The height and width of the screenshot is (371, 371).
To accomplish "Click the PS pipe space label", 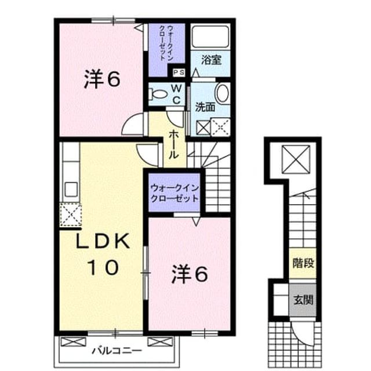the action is pyautogui.click(x=179, y=72).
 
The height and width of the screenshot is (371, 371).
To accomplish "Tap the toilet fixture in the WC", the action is pyautogui.click(x=158, y=94).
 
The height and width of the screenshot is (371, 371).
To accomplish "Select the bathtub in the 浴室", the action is pyautogui.click(x=210, y=37).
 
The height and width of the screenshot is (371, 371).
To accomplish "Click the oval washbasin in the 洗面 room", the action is pyautogui.click(x=222, y=93).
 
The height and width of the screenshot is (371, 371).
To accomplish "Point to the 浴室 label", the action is pyautogui.click(x=211, y=60).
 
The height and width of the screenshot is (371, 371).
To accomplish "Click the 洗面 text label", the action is pyautogui.click(x=205, y=108).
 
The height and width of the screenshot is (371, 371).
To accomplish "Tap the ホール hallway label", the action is pyautogui.click(x=173, y=145).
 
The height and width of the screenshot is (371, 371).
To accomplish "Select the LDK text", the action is pyautogui.click(x=103, y=241).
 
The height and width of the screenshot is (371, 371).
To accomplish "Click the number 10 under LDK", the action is pyautogui.click(x=103, y=267).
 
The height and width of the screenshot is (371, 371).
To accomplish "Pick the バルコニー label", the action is pyautogui.click(x=117, y=350).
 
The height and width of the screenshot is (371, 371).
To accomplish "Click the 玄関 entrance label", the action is pyautogui.click(x=303, y=300).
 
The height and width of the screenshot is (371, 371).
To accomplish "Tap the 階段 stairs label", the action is pyautogui.click(x=303, y=263).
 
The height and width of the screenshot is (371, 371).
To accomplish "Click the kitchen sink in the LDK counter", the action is pyautogui.click(x=71, y=190).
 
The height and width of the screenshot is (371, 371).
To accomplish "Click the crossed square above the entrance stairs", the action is pyautogui.click(x=296, y=159).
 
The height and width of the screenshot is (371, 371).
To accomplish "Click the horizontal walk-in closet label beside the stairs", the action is pyautogui.click(x=174, y=193).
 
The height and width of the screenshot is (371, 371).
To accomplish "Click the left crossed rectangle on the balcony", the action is pyautogui.click(x=74, y=342).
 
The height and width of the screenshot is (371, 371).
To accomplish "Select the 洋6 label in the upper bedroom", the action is pyautogui.click(x=102, y=79).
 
